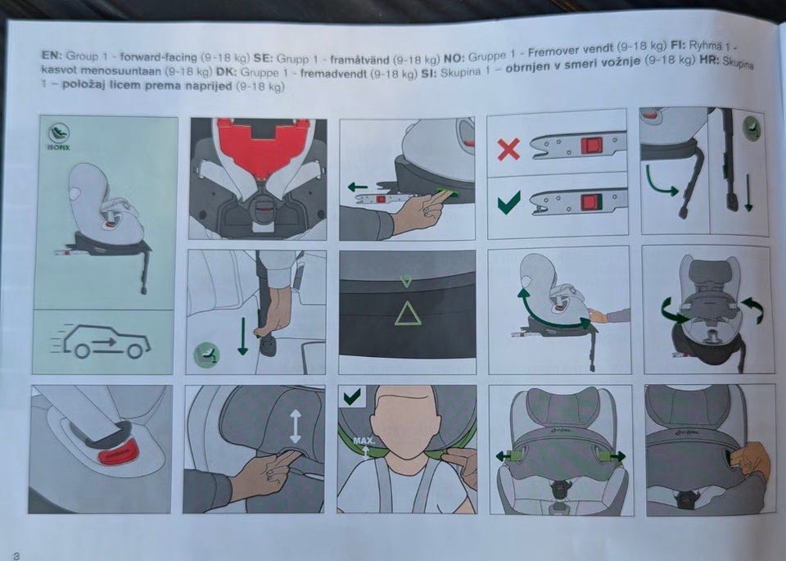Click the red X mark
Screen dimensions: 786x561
[508, 149]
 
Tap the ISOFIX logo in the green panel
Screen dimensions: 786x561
[59, 138]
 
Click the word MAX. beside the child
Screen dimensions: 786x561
[364, 441]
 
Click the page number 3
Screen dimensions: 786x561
[16, 555]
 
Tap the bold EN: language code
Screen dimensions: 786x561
[52, 56]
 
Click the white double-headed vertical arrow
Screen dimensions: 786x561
[296, 426]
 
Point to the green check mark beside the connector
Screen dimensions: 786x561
[508, 201]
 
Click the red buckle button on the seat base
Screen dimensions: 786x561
[118, 455]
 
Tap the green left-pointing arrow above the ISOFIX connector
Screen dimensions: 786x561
[358, 188]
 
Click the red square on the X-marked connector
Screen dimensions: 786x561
[592, 146]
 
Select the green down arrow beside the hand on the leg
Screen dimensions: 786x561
[242, 337]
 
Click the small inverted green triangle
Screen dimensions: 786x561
[406, 281]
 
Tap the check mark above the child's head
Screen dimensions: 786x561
[352, 396]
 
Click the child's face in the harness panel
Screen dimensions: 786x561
[407, 422]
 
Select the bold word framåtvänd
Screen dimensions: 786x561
[360, 60]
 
